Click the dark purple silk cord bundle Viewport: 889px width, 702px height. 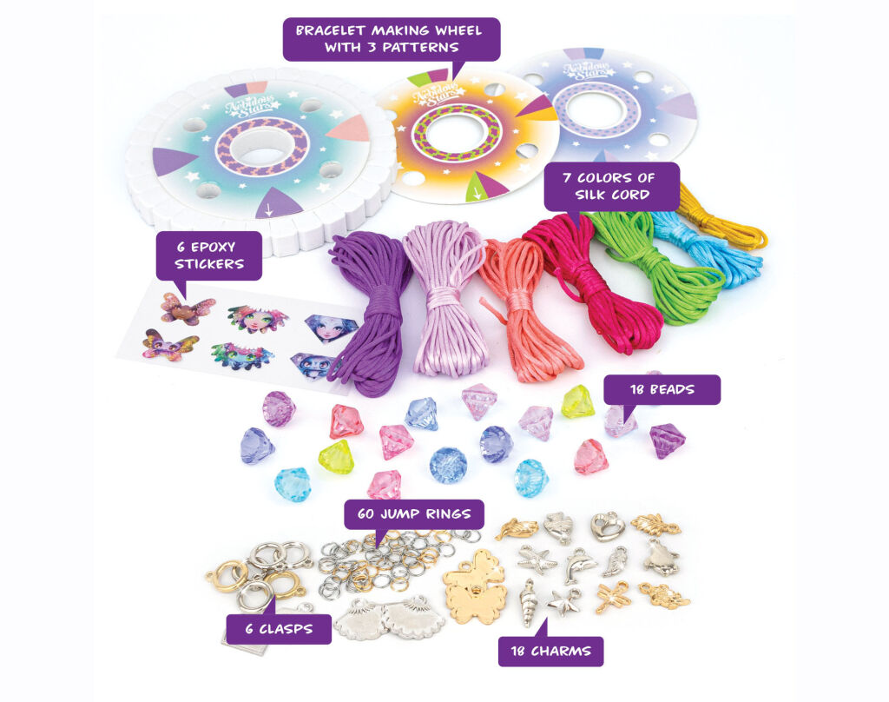(x=365, y=313)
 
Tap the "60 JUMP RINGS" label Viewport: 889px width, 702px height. (x=413, y=514)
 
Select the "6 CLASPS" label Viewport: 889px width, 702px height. (x=279, y=628)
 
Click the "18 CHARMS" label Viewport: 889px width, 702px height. (x=550, y=651)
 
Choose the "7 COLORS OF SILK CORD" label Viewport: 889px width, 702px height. (x=599, y=186)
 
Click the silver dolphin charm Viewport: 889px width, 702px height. (x=579, y=565)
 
